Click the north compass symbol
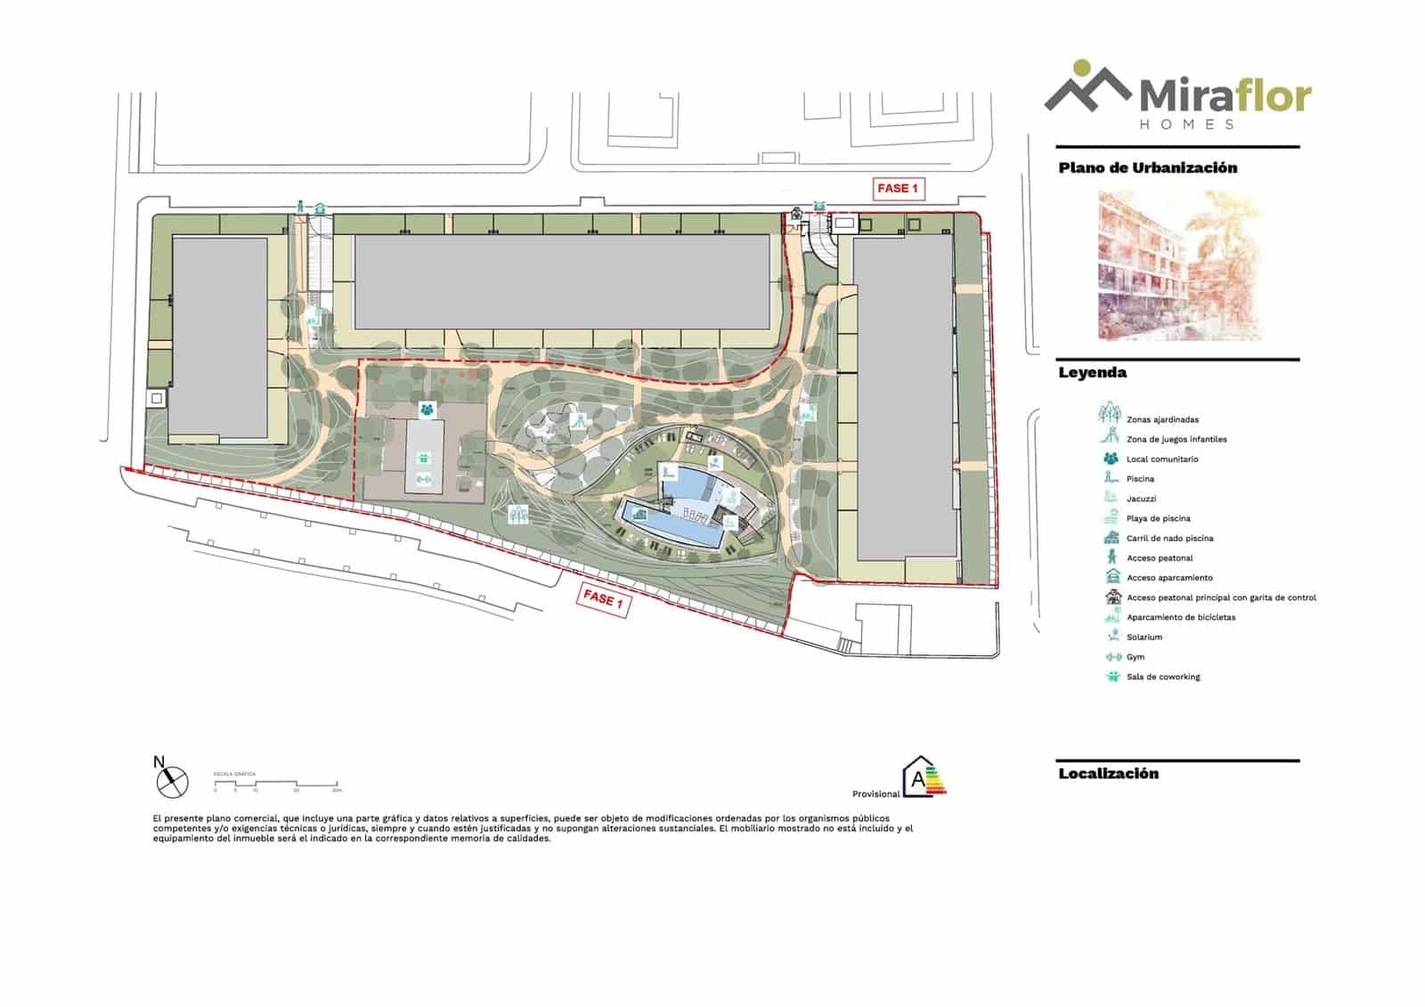tap(172, 782)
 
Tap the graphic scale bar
tap(276, 784)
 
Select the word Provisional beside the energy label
tap(875, 794)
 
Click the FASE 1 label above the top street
tap(897, 189)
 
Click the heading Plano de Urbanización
tap(1147, 167)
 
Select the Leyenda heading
tap(1092, 373)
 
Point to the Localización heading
tap(1108, 774)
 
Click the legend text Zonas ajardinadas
tap(1162, 419)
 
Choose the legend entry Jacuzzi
tap(1141, 499)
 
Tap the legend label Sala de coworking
tap(1163, 677)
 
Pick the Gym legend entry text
tap(1135, 657)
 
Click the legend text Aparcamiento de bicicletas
tap(1181, 617)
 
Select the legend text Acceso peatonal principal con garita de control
tap(1221, 597)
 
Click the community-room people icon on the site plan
tap(427, 410)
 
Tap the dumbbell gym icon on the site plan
tap(423, 479)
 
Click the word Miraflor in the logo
tap(1225, 95)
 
